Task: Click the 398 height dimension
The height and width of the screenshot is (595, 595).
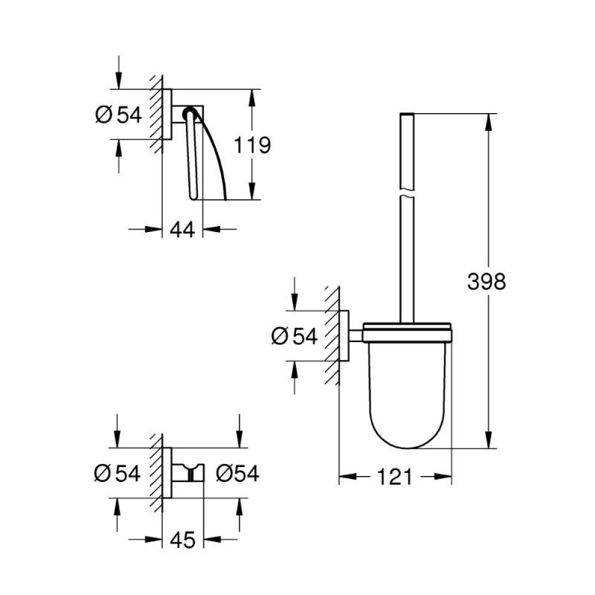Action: [x=487, y=281]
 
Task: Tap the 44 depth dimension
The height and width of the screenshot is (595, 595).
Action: [x=182, y=229]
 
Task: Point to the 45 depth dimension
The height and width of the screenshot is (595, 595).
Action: [x=182, y=540]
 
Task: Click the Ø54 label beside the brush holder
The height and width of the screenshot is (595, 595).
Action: [x=295, y=336]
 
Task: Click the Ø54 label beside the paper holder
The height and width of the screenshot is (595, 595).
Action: [x=118, y=115]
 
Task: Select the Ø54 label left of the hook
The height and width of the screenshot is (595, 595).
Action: [x=118, y=473]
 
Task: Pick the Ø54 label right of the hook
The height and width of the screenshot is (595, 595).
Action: [x=238, y=473]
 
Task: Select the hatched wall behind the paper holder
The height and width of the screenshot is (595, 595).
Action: [x=155, y=115]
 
